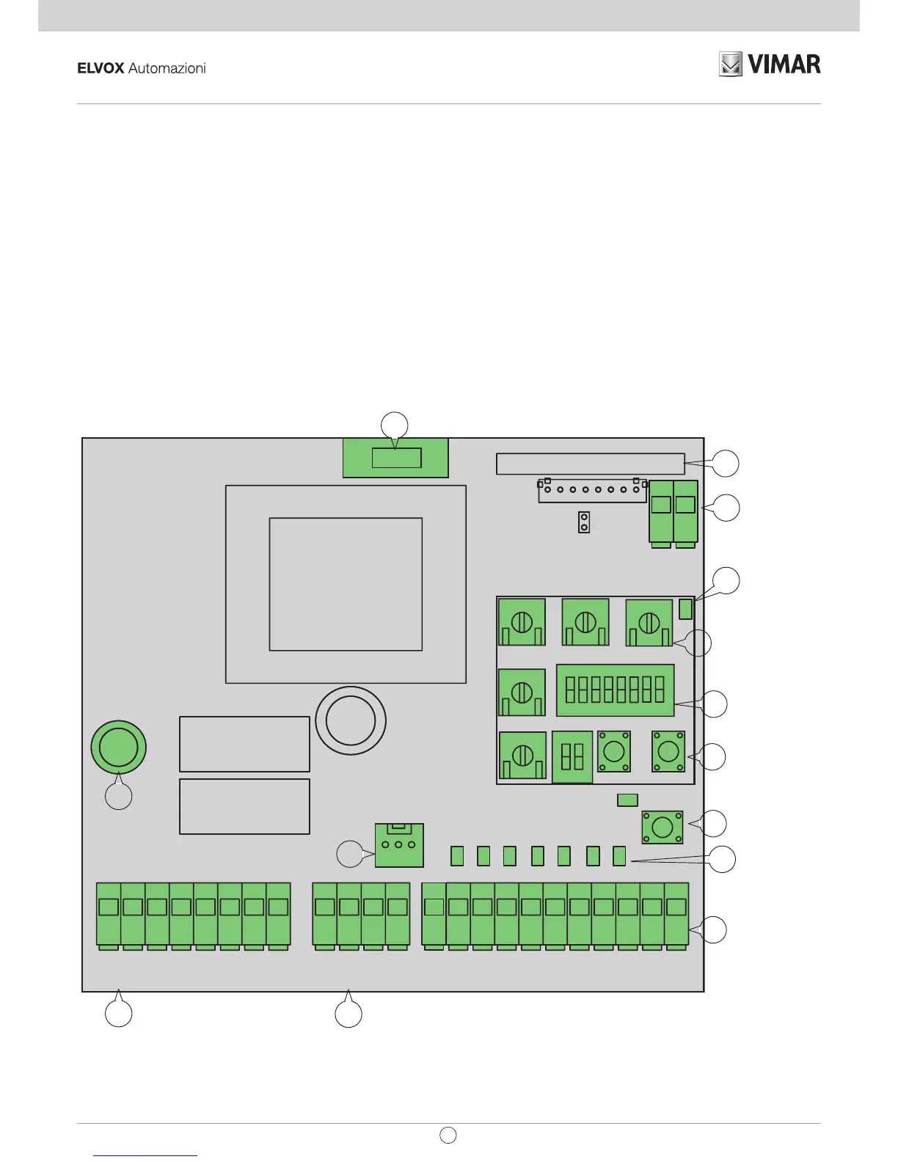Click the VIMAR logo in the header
tap(770, 65)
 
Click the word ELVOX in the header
tap(101, 68)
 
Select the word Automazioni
tap(167, 68)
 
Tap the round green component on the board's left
tap(118, 747)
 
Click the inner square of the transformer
tap(346, 584)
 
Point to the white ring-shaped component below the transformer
tap(351, 720)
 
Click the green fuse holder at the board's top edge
tap(395, 458)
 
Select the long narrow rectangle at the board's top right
tap(590, 464)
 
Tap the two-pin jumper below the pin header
tap(584, 522)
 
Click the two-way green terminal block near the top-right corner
tap(673, 512)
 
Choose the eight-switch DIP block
tap(615, 690)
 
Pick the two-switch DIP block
tap(572, 757)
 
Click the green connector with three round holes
tap(399, 845)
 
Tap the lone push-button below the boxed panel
tap(662, 827)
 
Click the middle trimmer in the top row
tap(585, 622)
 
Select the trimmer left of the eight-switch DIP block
tap(522, 692)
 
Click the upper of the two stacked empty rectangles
tap(244, 744)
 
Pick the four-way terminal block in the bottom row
tap(361, 916)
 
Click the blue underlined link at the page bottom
tap(146, 1155)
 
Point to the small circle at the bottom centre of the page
tap(448, 1135)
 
